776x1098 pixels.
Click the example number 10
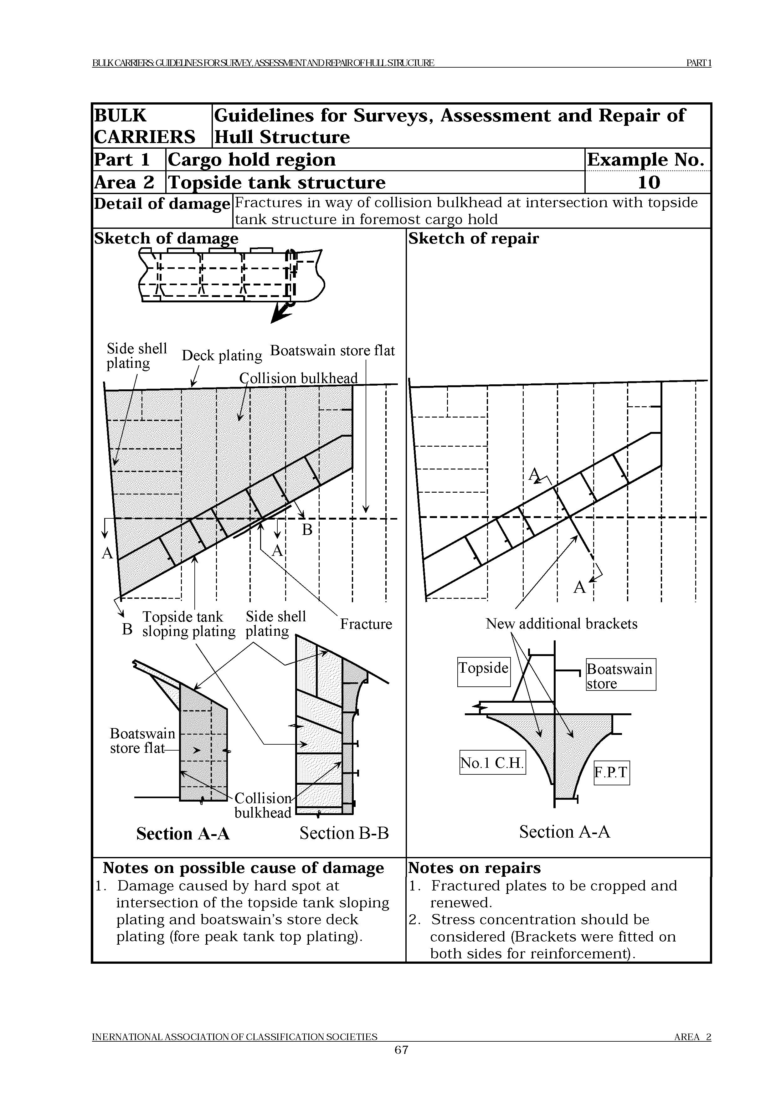point(648,182)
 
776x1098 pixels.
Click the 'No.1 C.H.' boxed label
point(492,762)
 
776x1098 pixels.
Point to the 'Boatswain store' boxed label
point(620,675)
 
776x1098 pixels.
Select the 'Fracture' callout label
point(366,624)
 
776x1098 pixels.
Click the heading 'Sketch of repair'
point(473,238)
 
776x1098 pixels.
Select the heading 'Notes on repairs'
point(474,868)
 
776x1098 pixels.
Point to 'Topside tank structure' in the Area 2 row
point(276,182)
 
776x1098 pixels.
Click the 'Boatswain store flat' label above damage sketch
point(332,351)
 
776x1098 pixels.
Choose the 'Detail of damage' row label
point(162,204)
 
